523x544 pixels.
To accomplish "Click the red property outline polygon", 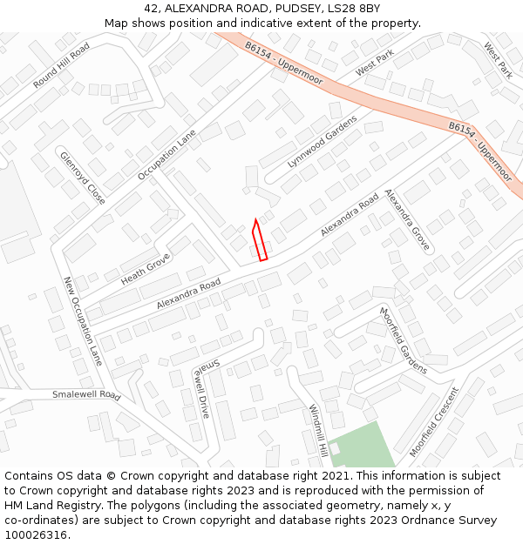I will coord(259,241).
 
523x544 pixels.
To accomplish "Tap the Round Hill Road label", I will coord(62,66).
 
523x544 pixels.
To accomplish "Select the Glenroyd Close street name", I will coord(83,178).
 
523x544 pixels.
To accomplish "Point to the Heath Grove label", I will coord(146,269).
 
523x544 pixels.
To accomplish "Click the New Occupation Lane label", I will coord(84,321).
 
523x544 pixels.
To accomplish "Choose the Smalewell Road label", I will coord(85,394).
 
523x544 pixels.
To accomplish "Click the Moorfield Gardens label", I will coord(403,340).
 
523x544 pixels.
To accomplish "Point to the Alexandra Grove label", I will coord(407,220).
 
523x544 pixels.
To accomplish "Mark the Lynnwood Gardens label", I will coord(323,141).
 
